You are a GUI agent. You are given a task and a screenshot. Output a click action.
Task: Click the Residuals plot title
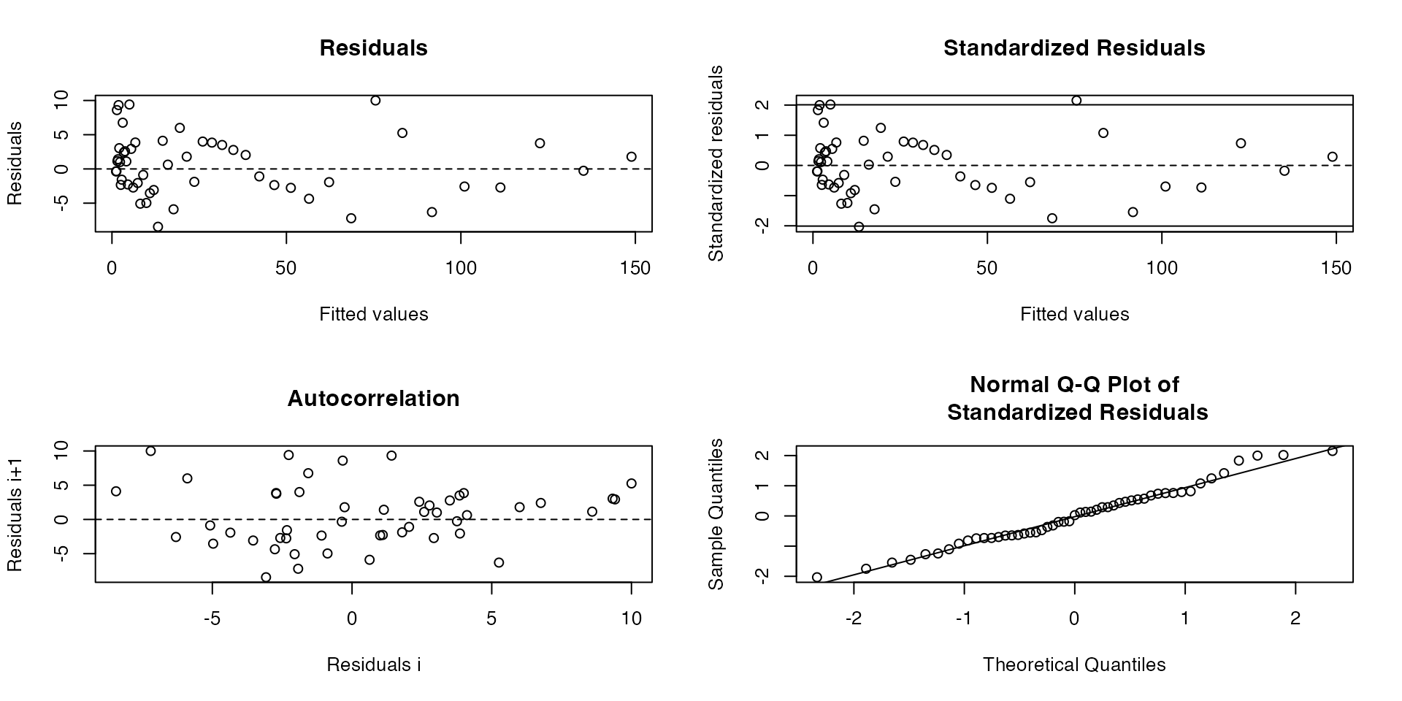373,48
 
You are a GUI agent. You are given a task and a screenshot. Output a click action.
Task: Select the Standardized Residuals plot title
1074,48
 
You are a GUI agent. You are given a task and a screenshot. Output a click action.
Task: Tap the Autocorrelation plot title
373,399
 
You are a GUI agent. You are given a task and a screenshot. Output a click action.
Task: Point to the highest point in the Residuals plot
375,101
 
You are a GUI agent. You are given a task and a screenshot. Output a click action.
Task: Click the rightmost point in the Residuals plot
632,157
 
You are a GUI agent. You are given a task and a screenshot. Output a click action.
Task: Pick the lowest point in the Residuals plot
158,227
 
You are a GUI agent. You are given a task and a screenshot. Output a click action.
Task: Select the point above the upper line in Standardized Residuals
1076,101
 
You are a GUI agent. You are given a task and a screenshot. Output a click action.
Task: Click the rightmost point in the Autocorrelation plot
632,483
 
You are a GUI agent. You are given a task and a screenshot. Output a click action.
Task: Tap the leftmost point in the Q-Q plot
817,578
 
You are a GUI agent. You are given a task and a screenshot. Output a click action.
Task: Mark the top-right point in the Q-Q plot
1332,451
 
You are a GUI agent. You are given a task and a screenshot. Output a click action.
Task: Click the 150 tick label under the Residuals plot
635,269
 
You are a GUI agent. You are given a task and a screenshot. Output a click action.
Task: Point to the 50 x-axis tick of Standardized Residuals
987,269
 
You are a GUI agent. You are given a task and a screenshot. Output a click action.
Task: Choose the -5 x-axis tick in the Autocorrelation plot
212,619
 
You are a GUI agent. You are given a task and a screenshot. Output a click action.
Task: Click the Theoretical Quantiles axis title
1074,664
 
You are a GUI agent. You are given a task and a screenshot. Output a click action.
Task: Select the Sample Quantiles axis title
716,514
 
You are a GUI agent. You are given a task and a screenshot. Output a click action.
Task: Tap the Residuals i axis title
373,664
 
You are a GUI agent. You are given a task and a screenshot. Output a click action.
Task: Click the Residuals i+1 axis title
15,514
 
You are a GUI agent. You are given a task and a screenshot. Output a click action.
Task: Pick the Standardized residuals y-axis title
716,164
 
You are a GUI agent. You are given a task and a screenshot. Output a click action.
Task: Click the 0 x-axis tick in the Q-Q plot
1074,619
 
